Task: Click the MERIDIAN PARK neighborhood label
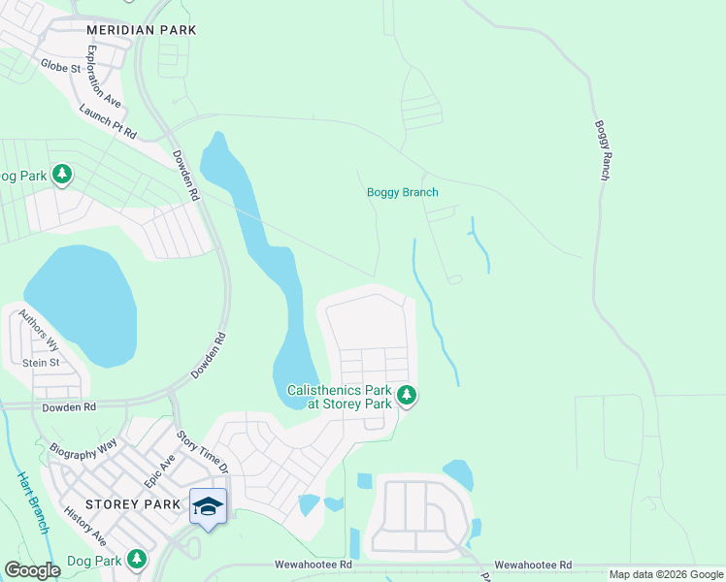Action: click(141, 30)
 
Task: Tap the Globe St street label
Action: click(60, 68)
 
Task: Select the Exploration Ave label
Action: click(104, 76)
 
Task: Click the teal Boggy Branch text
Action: click(402, 192)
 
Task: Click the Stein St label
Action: click(41, 363)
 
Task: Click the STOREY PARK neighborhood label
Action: click(133, 504)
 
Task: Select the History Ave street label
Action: click(84, 525)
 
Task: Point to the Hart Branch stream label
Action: click(33, 502)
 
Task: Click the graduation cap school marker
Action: click(209, 507)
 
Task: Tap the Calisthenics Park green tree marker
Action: click(408, 396)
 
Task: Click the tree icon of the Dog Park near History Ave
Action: click(137, 560)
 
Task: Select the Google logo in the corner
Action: click(32, 570)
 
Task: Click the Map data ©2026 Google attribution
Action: click(665, 574)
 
